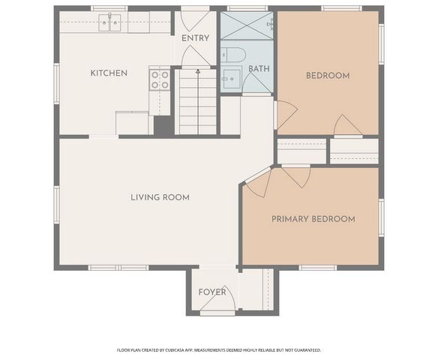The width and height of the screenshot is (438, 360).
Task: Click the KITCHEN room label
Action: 109,73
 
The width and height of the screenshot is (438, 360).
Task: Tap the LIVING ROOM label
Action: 160,197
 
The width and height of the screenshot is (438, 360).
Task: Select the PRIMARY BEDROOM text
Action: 313,219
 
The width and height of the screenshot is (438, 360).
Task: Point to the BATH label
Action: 259,69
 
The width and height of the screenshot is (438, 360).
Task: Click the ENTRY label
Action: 195,38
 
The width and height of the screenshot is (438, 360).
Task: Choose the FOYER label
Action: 212,292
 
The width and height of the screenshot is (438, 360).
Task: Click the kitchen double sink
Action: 109,22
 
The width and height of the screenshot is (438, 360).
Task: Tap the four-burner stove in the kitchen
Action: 160,80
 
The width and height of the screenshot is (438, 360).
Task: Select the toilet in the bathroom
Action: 233,55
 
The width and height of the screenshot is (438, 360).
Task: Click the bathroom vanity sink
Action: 232,79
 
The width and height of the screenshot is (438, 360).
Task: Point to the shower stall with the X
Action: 247,25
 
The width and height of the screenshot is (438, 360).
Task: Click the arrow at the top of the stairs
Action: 198,71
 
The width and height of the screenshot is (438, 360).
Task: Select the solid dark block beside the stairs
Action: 164,126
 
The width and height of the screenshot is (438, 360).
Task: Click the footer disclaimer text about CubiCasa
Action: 219,350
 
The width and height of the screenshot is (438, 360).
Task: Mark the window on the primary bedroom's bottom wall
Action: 318,268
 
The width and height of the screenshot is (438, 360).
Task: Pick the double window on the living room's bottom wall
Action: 118,268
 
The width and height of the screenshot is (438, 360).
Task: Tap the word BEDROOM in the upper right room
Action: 328,76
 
